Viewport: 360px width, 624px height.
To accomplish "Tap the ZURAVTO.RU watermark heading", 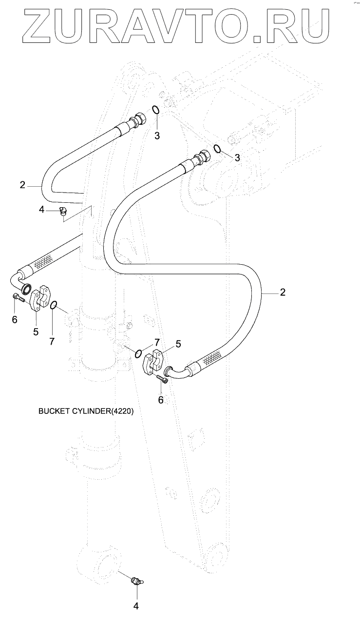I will point(180,24).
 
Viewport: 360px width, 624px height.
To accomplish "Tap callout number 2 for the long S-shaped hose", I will point(282,292).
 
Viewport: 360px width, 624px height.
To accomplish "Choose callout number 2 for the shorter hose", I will point(22,185).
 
